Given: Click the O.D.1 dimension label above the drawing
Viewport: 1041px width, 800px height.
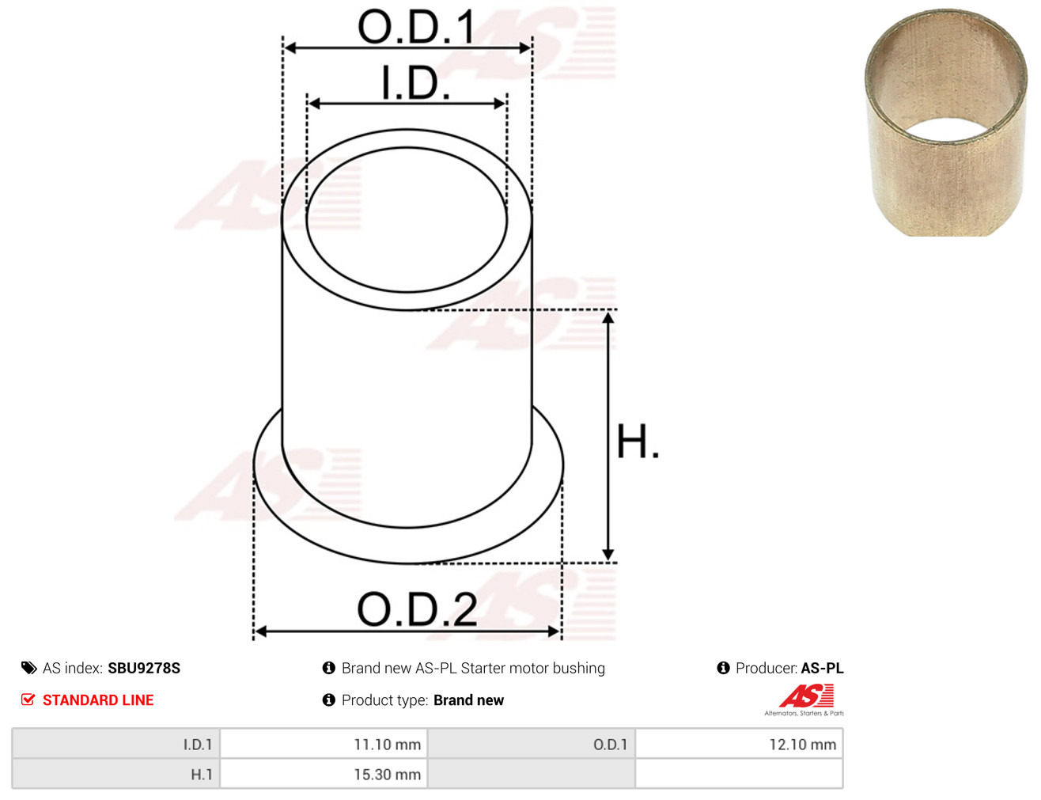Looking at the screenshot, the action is (416, 27).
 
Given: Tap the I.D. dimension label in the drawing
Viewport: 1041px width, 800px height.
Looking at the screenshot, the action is (415, 82).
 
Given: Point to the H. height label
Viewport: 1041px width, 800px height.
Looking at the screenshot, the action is (638, 442).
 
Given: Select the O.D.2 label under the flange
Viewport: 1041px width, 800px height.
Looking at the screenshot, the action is (417, 609).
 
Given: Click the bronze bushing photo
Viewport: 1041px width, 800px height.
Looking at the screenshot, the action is (945, 123).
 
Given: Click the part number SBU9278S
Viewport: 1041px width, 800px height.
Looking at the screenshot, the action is (144, 669).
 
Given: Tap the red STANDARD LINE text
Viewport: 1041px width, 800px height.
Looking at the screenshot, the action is (98, 700).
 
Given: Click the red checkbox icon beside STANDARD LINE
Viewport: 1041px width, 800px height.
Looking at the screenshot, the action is (28, 700).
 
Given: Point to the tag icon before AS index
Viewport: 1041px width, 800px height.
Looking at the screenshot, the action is (28, 669).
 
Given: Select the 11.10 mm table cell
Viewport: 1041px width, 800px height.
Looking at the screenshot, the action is (324, 745).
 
